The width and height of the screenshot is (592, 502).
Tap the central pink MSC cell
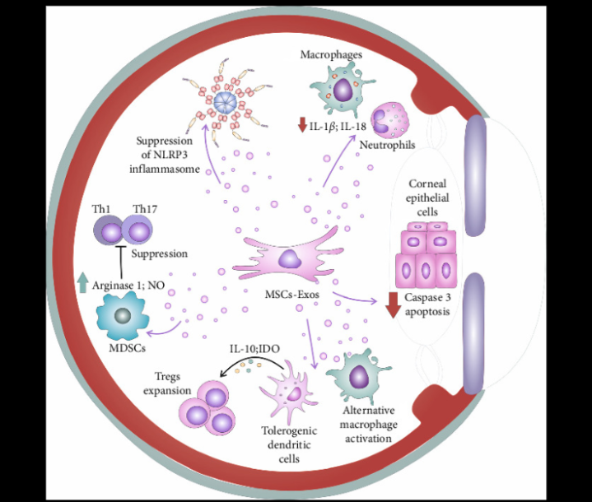[x=290, y=262]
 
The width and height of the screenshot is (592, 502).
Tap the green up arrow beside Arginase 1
[x=82, y=282]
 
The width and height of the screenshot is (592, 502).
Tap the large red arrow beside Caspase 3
[x=394, y=304]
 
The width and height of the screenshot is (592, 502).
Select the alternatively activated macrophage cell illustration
[x=361, y=378]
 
